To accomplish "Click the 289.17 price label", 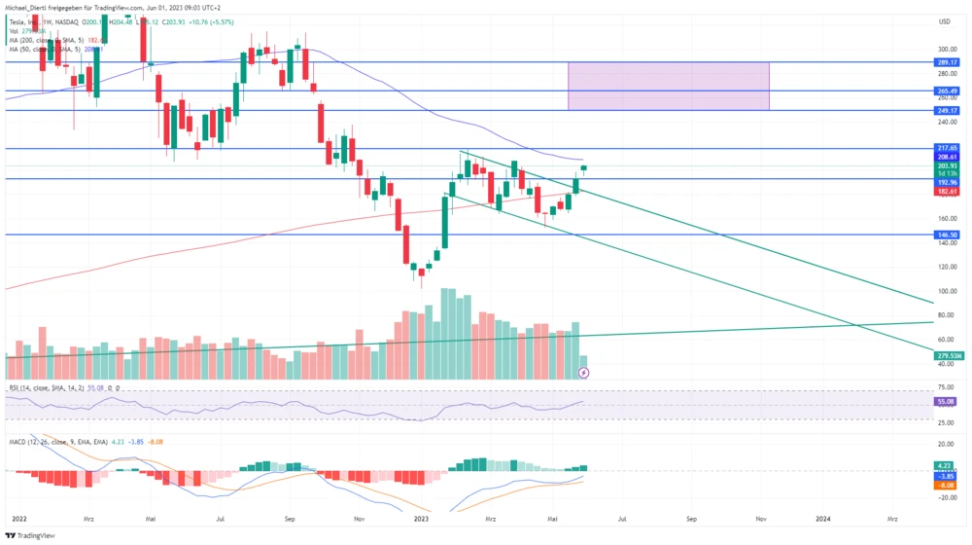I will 948,61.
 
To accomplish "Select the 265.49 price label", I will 948,91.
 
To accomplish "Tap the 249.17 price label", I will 948,110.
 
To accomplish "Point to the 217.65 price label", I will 948,148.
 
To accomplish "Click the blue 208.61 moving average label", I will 948,157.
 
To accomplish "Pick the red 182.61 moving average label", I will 948,193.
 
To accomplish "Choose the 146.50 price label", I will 948,235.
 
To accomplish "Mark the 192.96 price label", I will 948,182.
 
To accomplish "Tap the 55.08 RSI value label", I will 948,401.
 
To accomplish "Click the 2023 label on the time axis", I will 421,520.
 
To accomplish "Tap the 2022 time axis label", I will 17,520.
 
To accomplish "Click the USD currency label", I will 944,20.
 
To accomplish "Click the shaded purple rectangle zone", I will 668,86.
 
